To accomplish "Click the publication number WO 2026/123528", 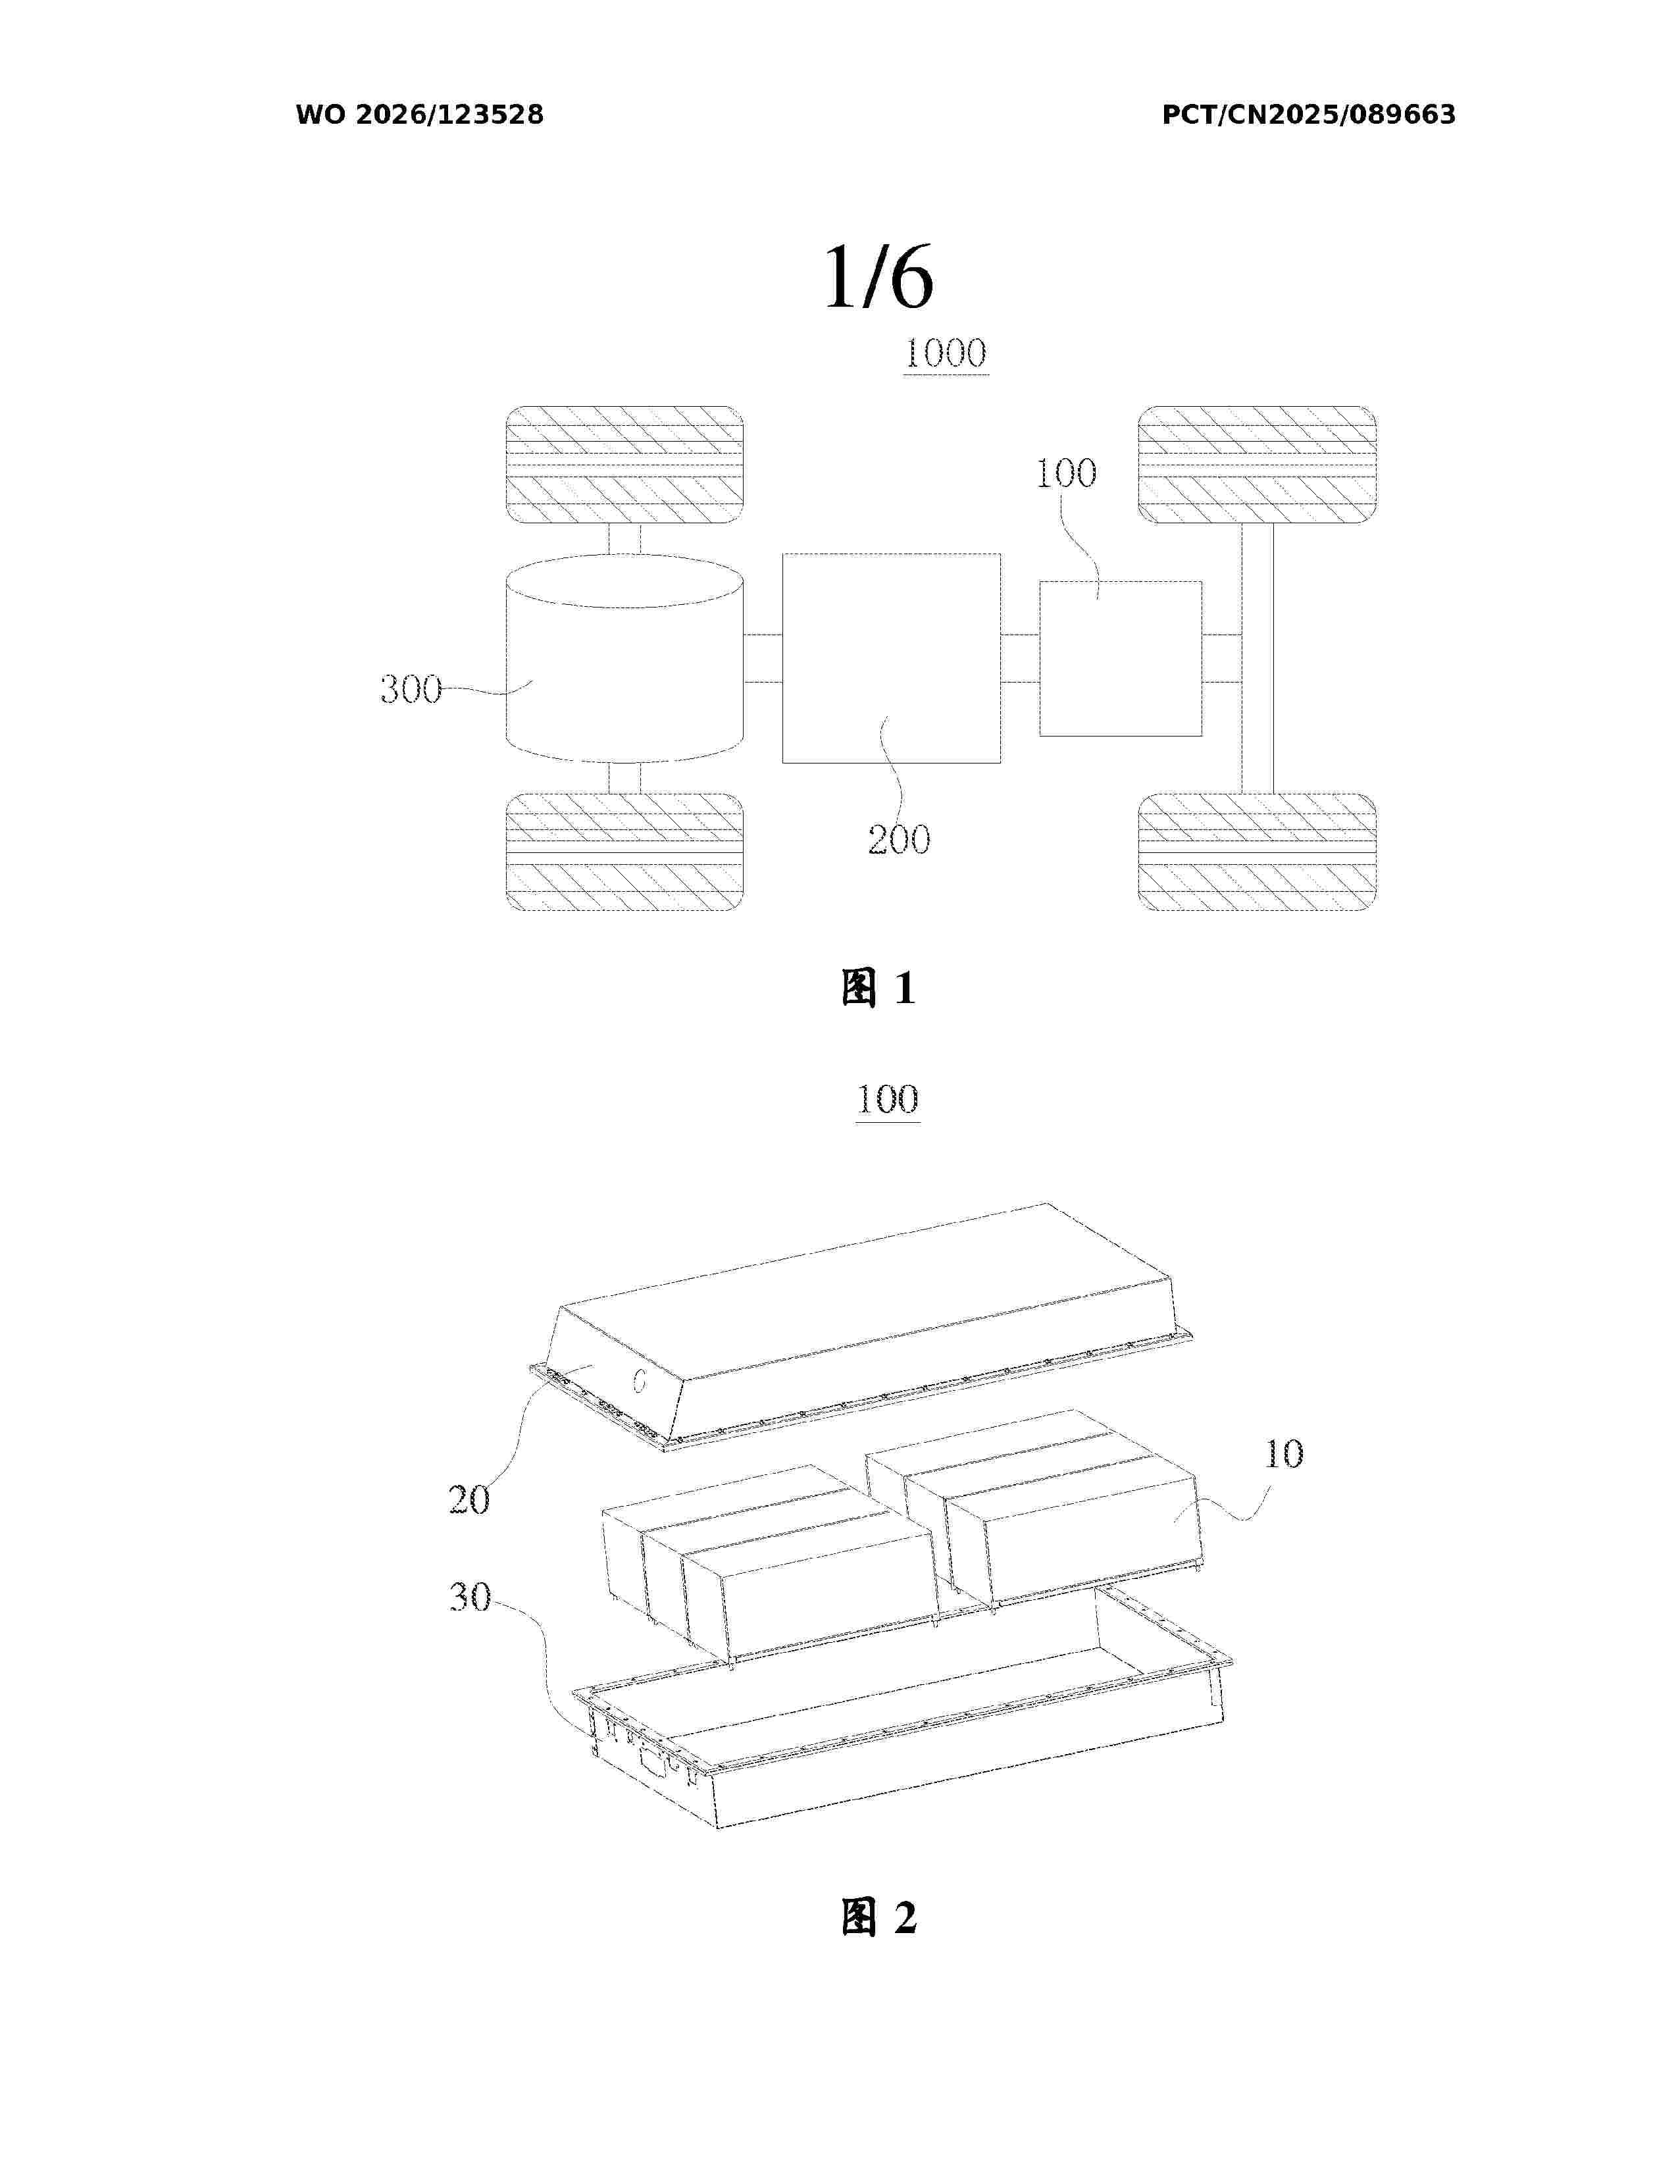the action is (x=420, y=115).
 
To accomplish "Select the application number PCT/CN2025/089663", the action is (x=1308, y=115).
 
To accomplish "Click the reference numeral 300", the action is (x=411, y=689).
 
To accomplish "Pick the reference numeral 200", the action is (x=899, y=839).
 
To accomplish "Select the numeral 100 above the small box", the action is (x=1065, y=473).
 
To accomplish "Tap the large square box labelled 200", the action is (x=892, y=658).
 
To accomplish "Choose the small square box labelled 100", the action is (x=1121, y=658).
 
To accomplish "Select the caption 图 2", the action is (x=878, y=1917).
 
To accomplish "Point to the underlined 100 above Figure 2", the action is (x=888, y=1099).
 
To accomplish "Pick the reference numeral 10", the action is (x=1283, y=1454).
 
